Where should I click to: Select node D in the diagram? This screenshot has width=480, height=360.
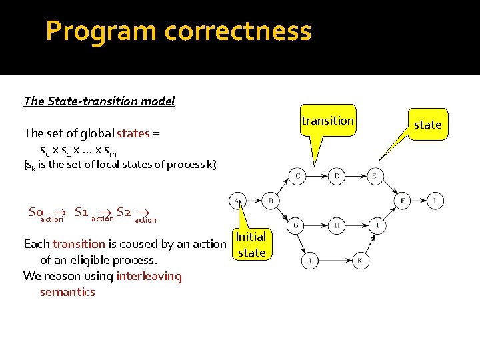(337, 176)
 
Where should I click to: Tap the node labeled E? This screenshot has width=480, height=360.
(375, 176)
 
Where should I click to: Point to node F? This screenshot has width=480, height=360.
(402, 200)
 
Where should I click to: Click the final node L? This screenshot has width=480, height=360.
(435, 200)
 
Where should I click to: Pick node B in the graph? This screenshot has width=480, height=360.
(270, 200)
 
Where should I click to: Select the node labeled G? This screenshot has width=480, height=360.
(296, 226)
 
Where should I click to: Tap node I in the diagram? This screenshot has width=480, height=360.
(377, 226)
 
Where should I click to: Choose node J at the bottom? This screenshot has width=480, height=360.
(309, 260)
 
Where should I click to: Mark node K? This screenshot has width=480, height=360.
(359, 260)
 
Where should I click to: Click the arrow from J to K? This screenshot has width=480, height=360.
(334, 260)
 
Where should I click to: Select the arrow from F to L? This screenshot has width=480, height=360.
(419, 200)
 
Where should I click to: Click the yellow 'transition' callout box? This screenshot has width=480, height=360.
(327, 121)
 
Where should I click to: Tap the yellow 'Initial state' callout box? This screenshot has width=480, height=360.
(251, 245)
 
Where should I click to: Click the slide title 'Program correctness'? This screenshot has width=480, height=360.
(178, 31)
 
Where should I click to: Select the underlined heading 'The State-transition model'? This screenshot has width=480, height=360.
(99, 101)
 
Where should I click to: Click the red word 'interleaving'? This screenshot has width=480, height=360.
(149, 276)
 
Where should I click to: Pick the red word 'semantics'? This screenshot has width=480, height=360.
(67, 292)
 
